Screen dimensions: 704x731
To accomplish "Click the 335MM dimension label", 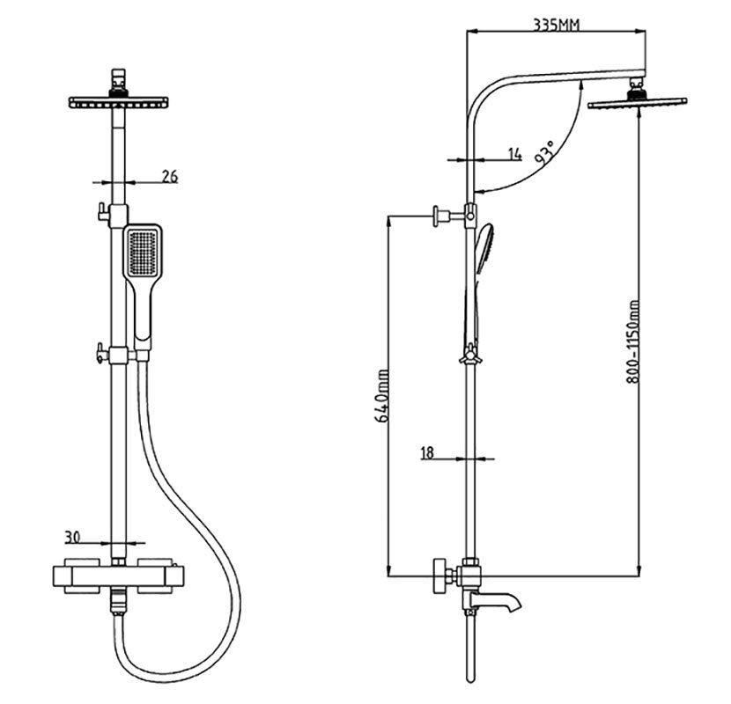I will [556, 25].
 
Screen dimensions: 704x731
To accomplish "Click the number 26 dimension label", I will [169, 177].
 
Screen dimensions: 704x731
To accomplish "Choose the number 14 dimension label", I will [515, 155].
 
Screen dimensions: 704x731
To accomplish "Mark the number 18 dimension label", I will [428, 453].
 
